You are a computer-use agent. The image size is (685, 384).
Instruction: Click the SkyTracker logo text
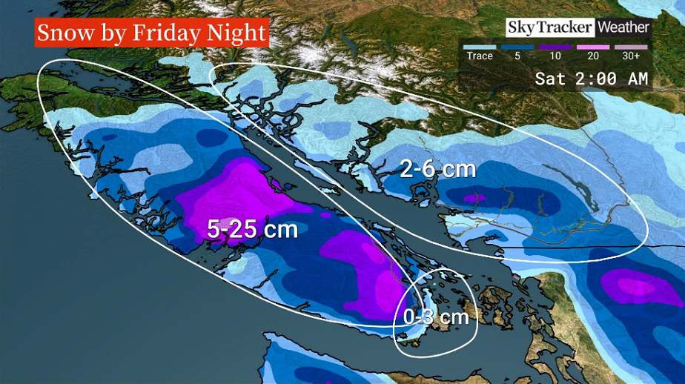550,27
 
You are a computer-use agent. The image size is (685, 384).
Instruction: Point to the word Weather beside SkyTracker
623,27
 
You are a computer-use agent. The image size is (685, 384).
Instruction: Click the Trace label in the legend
479,56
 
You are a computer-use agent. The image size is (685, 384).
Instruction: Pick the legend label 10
555,56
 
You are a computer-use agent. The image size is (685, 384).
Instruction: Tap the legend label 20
594,56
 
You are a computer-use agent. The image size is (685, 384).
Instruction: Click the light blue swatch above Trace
480,46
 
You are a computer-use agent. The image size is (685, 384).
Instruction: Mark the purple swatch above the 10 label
555,46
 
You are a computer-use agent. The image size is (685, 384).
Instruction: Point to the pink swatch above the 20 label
593,46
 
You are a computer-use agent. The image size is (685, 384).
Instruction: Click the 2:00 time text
592,79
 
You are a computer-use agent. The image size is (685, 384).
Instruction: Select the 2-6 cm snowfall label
437,170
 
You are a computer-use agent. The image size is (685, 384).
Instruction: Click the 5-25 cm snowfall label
252,229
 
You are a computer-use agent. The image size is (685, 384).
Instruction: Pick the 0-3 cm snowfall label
436,317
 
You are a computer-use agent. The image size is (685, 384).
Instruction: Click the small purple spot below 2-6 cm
475,198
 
